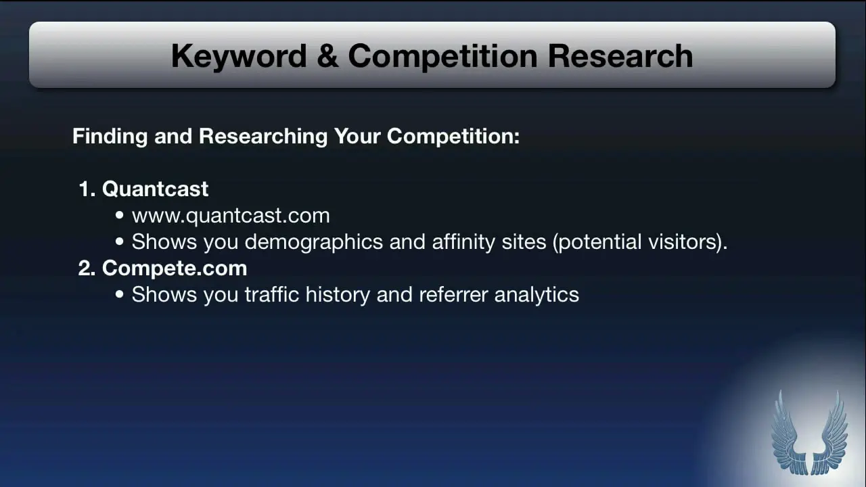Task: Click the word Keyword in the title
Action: point(239,56)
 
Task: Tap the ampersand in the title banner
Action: point(327,56)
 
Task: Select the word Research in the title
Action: point(620,56)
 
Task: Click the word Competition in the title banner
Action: point(442,57)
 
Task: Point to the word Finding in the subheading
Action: point(110,137)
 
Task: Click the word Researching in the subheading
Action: point(263,137)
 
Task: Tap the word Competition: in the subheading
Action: point(453,137)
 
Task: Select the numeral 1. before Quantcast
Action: point(87,189)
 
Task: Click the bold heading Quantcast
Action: point(155,189)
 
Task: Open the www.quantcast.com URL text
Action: point(231,216)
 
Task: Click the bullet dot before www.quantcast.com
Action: point(120,215)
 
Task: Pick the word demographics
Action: point(313,242)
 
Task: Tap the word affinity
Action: point(463,242)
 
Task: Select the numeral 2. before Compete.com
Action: point(87,269)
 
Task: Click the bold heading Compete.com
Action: point(175,269)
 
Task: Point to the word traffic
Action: point(272,294)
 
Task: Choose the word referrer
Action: point(453,295)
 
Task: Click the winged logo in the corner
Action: point(810,433)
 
